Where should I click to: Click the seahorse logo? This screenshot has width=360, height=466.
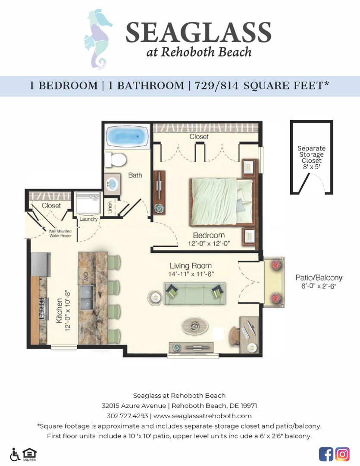pyautogui.click(x=98, y=39)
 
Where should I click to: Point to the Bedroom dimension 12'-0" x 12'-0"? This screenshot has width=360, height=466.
pyautogui.click(x=209, y=243)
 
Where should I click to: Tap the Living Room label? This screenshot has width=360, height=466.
pyautogui.click(x=191, y=266)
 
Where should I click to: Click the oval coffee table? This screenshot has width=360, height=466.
pyautogui.click(x=196, y=325)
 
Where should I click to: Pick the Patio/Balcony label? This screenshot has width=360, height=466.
pyautogui.click(x=319, y=277)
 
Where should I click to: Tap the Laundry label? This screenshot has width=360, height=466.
pyautogui.click(x=88, y=219)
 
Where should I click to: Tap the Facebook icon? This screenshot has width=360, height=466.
pyautogui.click(x=326, y=454)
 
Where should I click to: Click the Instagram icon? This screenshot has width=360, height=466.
pyautogui.click(x=342, y=454)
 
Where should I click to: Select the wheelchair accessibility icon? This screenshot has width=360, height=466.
pyautogui.click(x=15, y=454)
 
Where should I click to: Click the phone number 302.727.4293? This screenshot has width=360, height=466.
pyautogui.click(x=127, y=416)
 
